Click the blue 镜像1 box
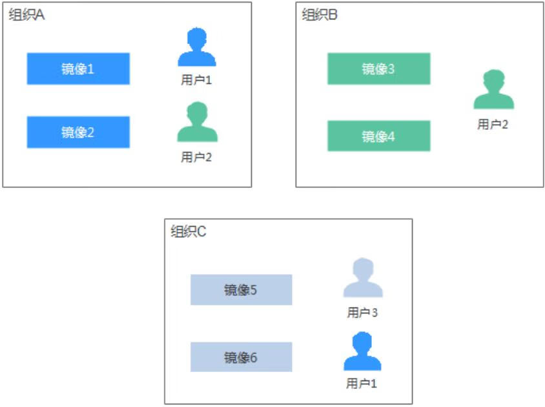click(78, 69)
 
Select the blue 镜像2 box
click(78, 132)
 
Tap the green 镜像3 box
click(378, 69)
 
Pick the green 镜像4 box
click(378, 136)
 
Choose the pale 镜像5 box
click(241, 290)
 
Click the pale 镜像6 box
click(241, 357)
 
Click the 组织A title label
click(26, 16)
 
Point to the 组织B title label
click(320, 16)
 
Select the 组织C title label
click(189, 231)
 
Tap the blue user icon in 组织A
click(196, 48)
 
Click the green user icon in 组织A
click(197, 122)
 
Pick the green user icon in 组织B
click(493, 90)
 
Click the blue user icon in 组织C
click(362, 351)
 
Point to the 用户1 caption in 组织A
click(196, 81)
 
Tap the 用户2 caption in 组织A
click(196, 156)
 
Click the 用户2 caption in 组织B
click(493, 125)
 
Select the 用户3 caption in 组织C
click(362, 313)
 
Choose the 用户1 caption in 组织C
click(362, 384)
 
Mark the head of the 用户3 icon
click(362, 269)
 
